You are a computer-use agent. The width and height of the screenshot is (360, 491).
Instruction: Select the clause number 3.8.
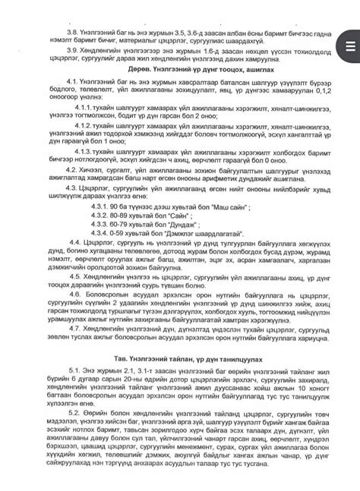tap(74, 33)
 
